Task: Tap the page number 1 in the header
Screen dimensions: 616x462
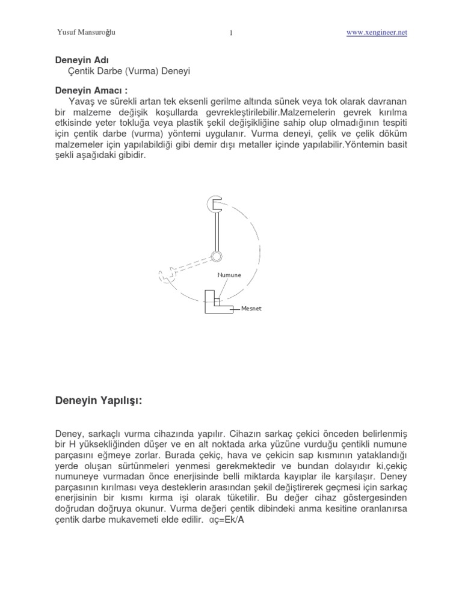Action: click(x=231, y=33)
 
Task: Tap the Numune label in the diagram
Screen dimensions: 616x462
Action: click(x=229, y=275)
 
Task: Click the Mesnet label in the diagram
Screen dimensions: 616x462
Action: click(x=252, y=309)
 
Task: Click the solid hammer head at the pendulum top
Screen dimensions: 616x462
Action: click(x=216, y=204)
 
